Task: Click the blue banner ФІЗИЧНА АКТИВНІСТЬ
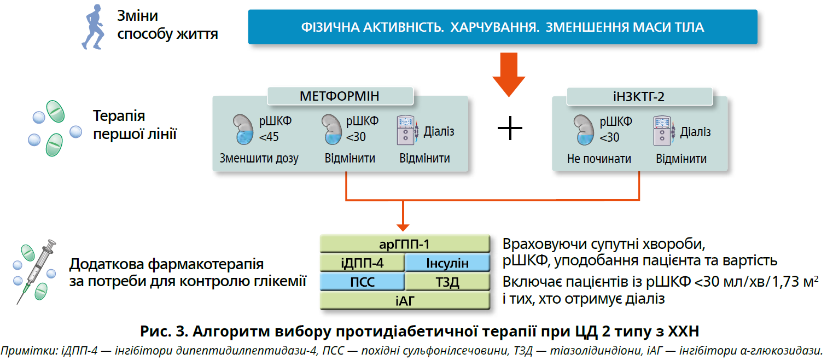(x=502, y=27)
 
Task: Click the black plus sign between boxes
(x=510, y=129)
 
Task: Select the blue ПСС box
(x=362, y=282)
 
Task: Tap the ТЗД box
(x=447, y=282)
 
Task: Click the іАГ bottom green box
(x=404, y=301)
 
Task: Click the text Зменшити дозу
(x=259, y=159)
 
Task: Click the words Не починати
(x=599, y=159)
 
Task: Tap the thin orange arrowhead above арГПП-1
(x=403, y=225)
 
